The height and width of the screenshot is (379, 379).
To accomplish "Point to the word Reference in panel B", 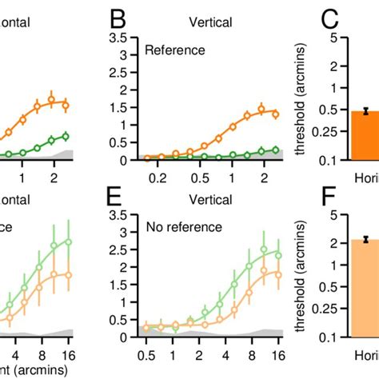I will pos(174,50).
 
